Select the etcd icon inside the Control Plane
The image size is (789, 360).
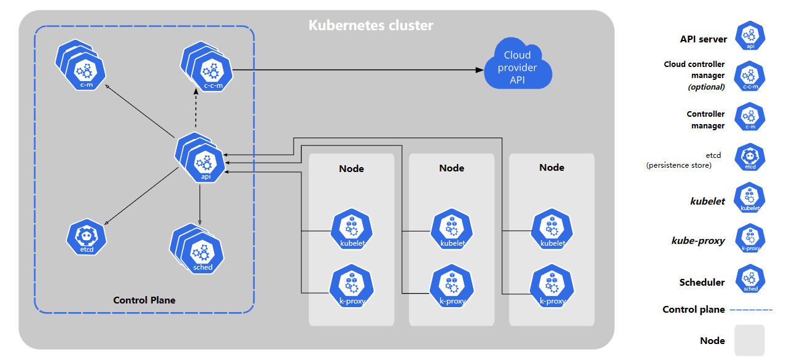[x=87, y=237]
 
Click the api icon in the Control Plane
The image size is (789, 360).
[x=200, y=158]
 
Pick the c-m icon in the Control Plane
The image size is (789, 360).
[x=81, y=65]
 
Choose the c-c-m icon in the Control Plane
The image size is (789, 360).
[x=207, y=67]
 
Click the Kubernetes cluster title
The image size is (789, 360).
[x=371, y=25]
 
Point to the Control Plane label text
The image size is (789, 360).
[x=144, y=300]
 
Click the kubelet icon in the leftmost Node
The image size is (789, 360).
[x=352, y=229]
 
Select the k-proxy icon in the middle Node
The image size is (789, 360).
[x=452, y=286]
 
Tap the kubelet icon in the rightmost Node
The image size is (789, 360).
[x=553, y=229]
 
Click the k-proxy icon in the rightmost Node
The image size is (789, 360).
[x=553, y=286]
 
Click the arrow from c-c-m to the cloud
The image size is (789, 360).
[x=358, y=70]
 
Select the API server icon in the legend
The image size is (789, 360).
[x=750, y=36]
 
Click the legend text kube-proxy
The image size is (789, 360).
[x=698, y=241]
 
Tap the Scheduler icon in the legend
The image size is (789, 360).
[x=750, y=279]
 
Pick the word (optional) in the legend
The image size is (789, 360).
[x=706, y=87]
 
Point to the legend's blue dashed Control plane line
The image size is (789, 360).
[x=751, y=310]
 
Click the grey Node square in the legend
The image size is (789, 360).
[x=750, y=340]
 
